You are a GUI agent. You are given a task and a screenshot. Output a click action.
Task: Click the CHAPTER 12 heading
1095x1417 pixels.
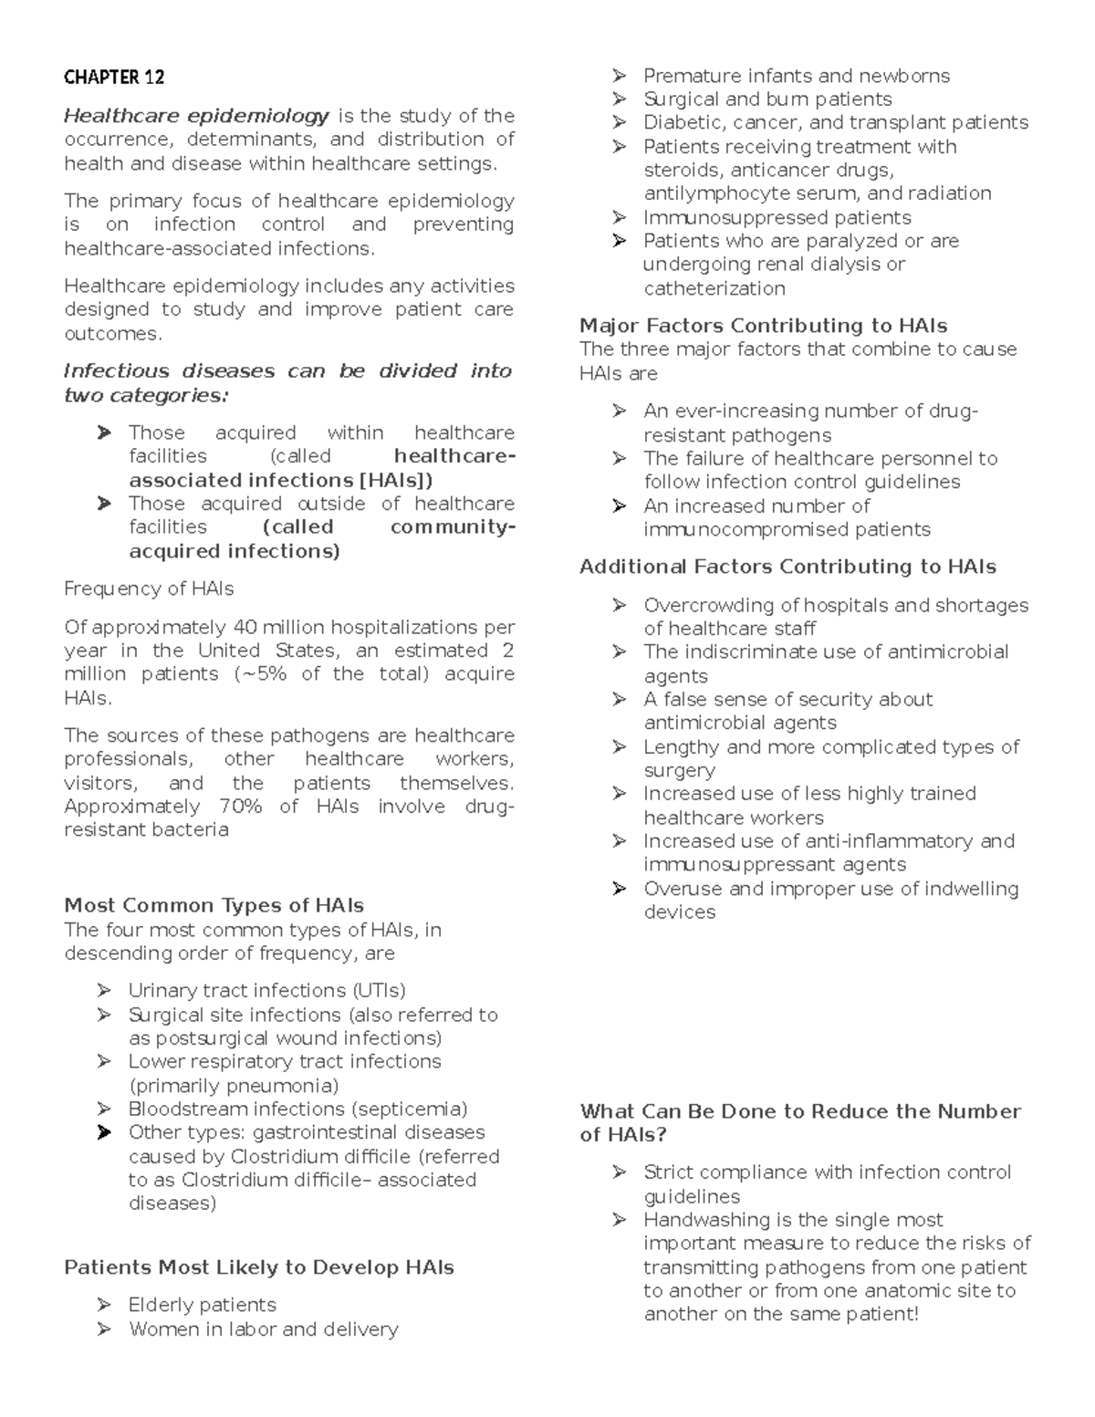click(114, 78)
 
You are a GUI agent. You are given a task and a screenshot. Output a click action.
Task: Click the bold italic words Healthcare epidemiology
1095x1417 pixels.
click(196, 116)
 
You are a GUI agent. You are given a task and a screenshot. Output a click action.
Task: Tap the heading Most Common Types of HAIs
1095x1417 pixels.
click(214, 905)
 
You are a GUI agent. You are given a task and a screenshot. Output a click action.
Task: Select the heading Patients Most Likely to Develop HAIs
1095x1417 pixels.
click(259, 1267)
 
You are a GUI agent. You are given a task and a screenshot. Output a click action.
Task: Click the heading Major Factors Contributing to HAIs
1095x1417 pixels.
click(763, 326)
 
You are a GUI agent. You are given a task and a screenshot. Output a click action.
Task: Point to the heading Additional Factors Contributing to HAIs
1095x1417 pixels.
click(787, 567)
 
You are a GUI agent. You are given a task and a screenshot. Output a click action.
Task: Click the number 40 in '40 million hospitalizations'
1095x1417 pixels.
click(245, 627)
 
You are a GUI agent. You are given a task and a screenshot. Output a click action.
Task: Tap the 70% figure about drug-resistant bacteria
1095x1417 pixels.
click(240, 807)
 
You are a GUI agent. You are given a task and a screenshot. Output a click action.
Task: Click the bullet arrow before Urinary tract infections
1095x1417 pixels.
click(104, 991)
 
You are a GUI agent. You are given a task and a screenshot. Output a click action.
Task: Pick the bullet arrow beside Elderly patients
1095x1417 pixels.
click(104, 1305)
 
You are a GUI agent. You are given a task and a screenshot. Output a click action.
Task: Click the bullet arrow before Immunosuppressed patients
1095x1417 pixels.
click(620, 217)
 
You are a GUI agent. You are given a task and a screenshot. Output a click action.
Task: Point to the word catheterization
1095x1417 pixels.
click(714, 288)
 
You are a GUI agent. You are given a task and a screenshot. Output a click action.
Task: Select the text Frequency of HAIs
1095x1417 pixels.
click(149, 589)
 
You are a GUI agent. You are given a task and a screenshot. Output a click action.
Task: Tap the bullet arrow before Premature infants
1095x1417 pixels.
click(620, 76)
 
